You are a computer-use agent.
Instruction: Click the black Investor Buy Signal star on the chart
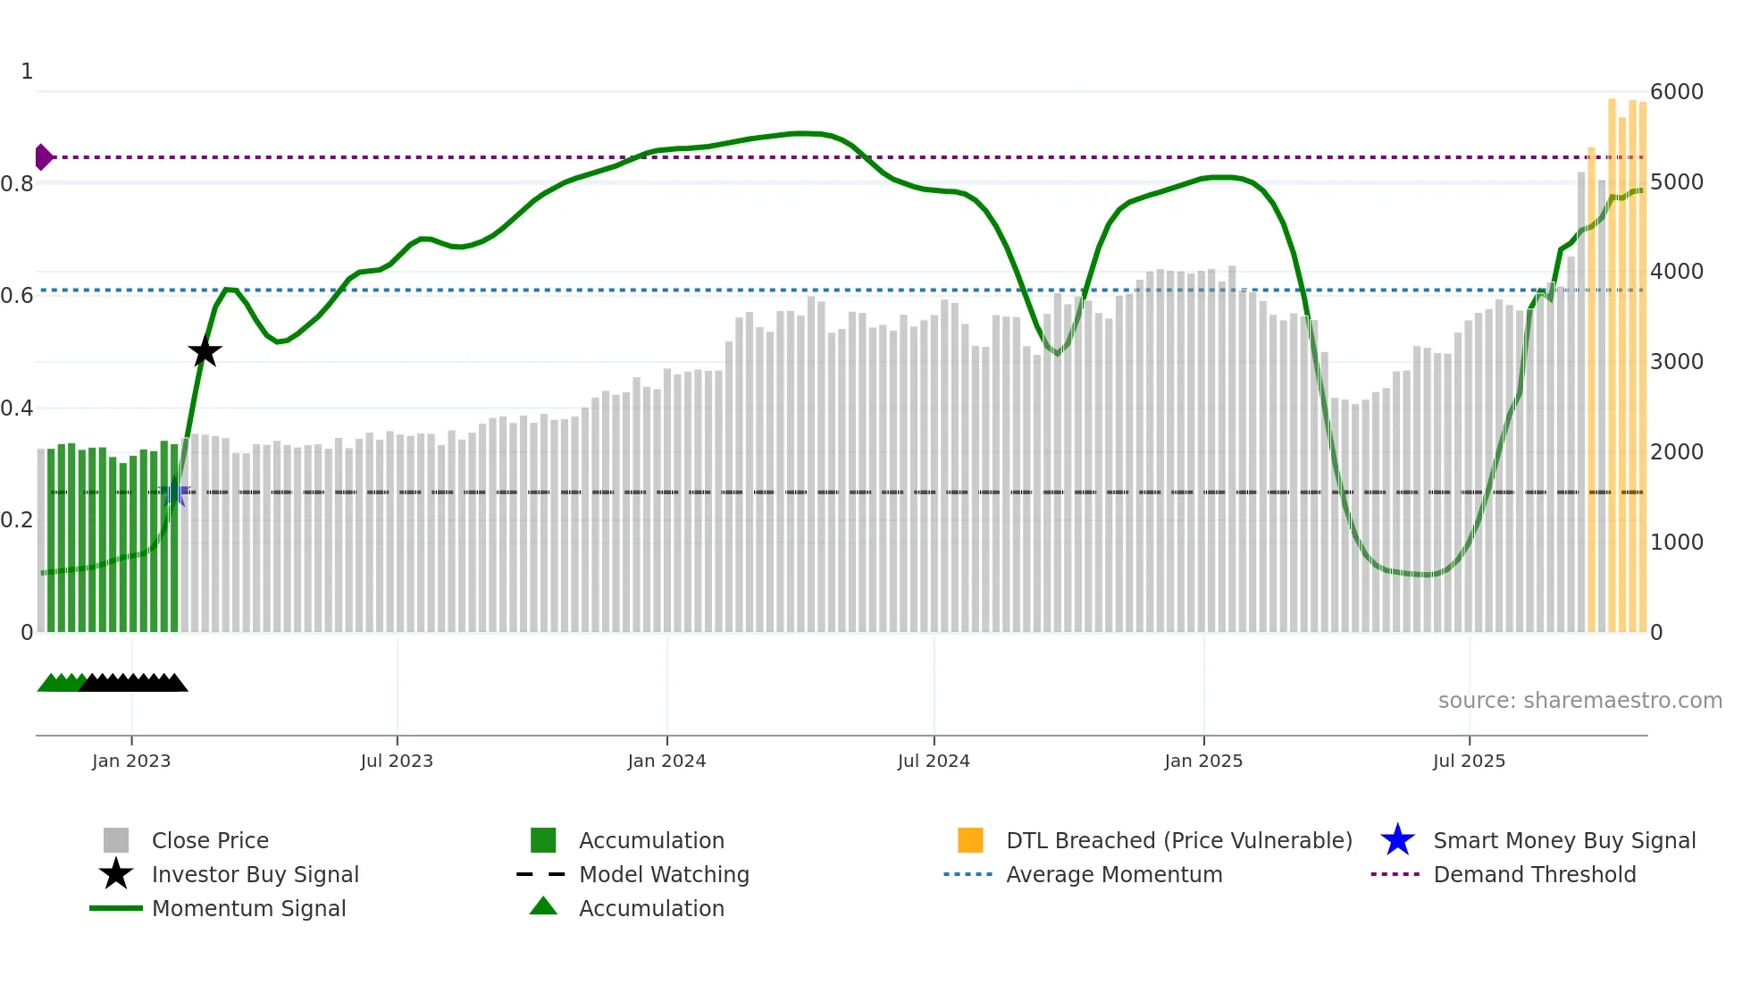tap(205, 351)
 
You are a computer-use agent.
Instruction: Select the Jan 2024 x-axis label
tap(666, 761)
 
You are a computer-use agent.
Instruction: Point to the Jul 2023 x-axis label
tap(397, 761)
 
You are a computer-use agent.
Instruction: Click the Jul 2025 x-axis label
tap(1469, 761)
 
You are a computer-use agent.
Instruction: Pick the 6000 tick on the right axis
tap(1676, 91)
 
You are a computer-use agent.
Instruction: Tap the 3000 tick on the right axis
tap(1676, 361)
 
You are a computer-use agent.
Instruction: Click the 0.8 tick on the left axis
tap(17, 184)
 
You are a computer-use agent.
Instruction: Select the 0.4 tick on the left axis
tap(17, 408)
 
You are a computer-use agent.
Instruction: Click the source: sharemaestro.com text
tap(1579, 700)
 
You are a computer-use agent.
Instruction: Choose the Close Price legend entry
tap(210, 840)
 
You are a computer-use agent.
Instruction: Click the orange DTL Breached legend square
tap(970, 840)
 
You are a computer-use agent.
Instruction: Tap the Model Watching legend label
tap(664, 874)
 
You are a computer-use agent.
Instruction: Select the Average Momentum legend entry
tap(1113, 874)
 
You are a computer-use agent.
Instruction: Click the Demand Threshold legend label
tap(1534, 874)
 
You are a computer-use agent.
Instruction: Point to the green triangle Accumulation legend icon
tap(543, 906)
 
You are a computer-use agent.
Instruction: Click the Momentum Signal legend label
tap(248, 908)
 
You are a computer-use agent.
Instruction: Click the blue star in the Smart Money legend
tap(1397, 840)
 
